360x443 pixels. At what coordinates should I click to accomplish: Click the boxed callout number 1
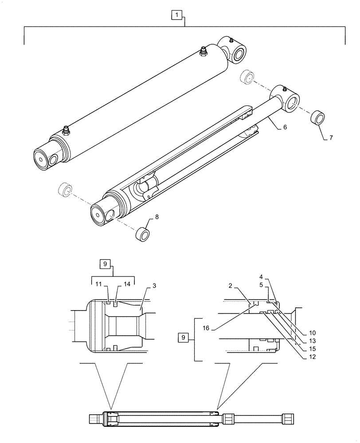177,16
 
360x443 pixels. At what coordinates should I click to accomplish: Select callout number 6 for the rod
285,127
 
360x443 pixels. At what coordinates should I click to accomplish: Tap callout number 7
331,138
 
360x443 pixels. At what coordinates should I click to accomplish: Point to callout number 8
157,217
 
